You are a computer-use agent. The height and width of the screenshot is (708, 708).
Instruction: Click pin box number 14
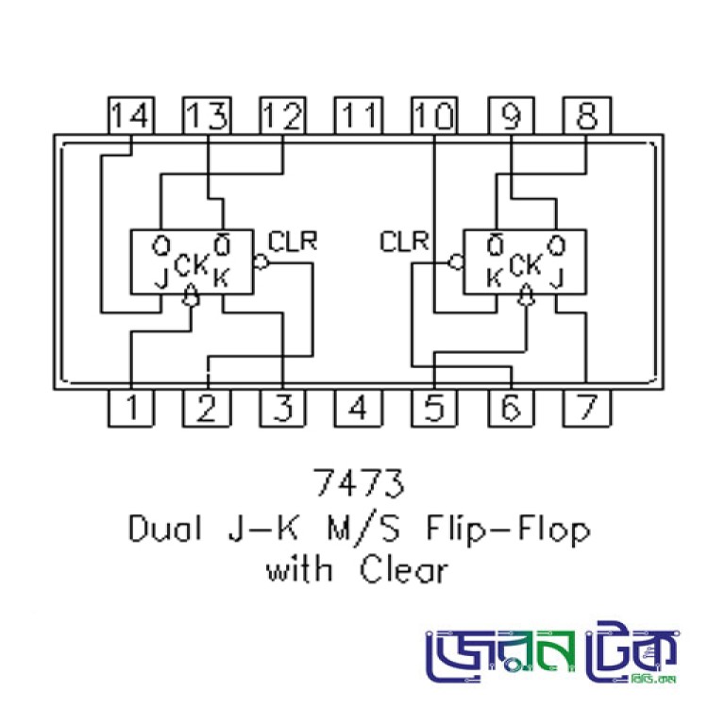coord(130,115)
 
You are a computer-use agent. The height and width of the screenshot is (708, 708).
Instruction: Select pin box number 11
coord(359,115)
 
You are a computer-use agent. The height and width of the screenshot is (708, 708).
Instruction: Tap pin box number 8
coord(587,115)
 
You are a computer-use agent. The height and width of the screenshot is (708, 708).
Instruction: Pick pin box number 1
coord(131,408)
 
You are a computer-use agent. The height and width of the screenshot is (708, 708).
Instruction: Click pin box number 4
coord(359,408)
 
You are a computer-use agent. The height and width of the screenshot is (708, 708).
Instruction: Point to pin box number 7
coord(587,408)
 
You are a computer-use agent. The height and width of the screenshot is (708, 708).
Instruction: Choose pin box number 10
coord(434,115)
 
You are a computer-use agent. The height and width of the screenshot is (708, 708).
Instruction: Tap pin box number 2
coord(207,408)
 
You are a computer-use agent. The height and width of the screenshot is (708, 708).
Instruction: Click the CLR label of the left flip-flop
coord(293,241)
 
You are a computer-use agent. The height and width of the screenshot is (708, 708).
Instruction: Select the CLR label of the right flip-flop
coord(404,241)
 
